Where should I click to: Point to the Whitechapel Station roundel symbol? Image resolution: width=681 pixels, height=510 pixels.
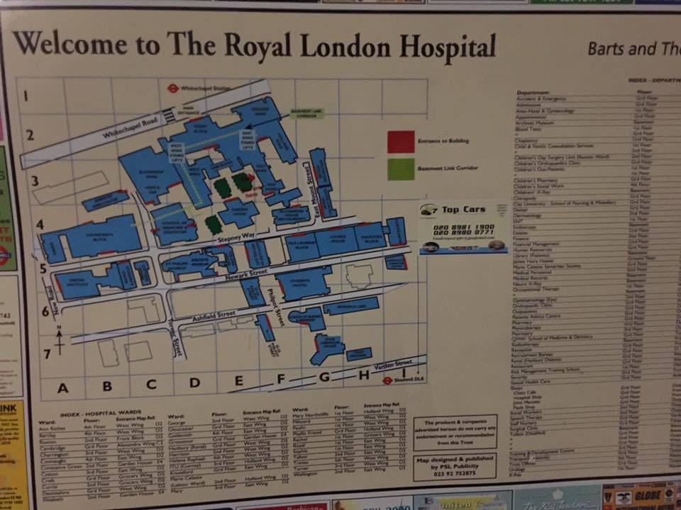pos(172,89)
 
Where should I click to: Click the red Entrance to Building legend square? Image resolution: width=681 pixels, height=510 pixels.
pos(401,142)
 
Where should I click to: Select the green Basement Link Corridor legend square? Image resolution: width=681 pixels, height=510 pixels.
pos(401,169)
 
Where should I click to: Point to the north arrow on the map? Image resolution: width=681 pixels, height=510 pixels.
pos(60,339)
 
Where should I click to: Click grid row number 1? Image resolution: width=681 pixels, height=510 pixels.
pos(27,96)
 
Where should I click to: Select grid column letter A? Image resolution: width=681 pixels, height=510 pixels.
pos(62,387)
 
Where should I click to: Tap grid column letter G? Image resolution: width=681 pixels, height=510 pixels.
pos(324,377)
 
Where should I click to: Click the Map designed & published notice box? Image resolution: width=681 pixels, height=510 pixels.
pos(455,467)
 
